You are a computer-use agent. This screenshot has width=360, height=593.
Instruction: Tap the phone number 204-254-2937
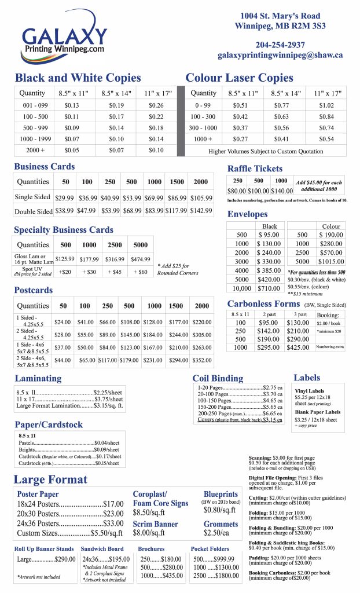click(x=280, y=45)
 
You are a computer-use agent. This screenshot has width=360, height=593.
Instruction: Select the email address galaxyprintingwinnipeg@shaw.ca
click(x=280, y=56)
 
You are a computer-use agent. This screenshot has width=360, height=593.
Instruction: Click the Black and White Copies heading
click(x=78, y=78)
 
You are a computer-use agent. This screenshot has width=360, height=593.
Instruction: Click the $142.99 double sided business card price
click(x=201, y=211)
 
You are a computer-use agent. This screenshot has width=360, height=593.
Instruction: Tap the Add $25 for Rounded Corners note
click(x=178, y=269)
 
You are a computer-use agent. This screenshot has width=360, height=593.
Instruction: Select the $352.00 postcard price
click(x=201, y=360)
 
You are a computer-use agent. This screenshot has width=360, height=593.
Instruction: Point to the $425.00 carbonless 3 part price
click(x=297, y=347)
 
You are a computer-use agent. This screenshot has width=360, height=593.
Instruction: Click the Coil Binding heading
click(x=218, y=378)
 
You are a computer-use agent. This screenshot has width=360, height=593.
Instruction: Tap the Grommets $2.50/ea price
click(x=216, y=532)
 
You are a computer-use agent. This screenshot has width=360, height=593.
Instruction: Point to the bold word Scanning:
click(x=263, y=457)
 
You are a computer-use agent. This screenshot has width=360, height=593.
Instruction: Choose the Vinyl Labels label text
click(x=310, y=391)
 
